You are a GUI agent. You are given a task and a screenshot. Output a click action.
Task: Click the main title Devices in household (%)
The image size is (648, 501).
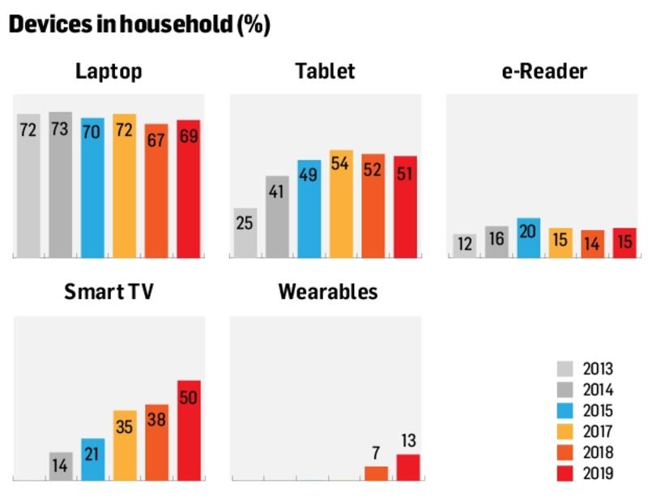click(139, 25)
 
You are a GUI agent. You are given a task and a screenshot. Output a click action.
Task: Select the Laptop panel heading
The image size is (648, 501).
click(109, 71)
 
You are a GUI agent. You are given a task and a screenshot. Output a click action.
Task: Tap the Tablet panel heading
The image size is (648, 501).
click(325, 71)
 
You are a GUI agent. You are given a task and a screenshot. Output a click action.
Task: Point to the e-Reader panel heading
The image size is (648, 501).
click(544, 71)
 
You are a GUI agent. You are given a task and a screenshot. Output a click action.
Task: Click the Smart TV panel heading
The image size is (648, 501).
click(109, 292)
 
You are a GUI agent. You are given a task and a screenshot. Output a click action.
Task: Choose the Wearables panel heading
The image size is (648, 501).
click(327, 292)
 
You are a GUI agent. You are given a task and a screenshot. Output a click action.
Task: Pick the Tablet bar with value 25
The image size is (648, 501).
click(245, 233)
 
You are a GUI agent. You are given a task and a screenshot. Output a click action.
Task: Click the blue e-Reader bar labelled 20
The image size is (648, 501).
click(528, 238)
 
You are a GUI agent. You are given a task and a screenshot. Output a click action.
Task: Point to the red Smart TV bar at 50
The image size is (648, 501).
click(189, 430)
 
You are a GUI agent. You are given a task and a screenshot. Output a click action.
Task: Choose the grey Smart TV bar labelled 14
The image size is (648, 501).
click(60, 466)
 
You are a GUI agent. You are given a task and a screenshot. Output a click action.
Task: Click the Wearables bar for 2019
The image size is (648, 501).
click(408, 467)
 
